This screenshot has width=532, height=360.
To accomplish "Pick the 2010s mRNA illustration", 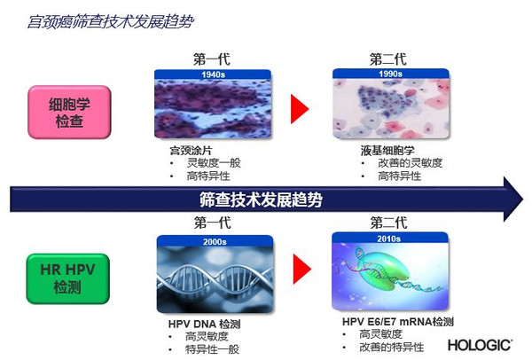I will pos(387,273).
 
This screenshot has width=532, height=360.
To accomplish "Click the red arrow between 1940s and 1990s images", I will pos(299,109).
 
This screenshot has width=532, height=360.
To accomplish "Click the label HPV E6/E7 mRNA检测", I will pos(397,321).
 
